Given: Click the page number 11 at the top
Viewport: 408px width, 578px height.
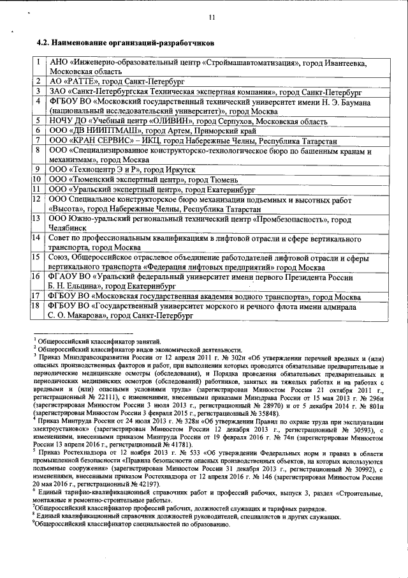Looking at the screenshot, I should click(x=211, y=17).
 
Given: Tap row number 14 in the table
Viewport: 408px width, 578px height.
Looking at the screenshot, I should click(x=38, y=238).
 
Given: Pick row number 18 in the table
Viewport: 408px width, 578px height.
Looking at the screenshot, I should click(x=38, y=306).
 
